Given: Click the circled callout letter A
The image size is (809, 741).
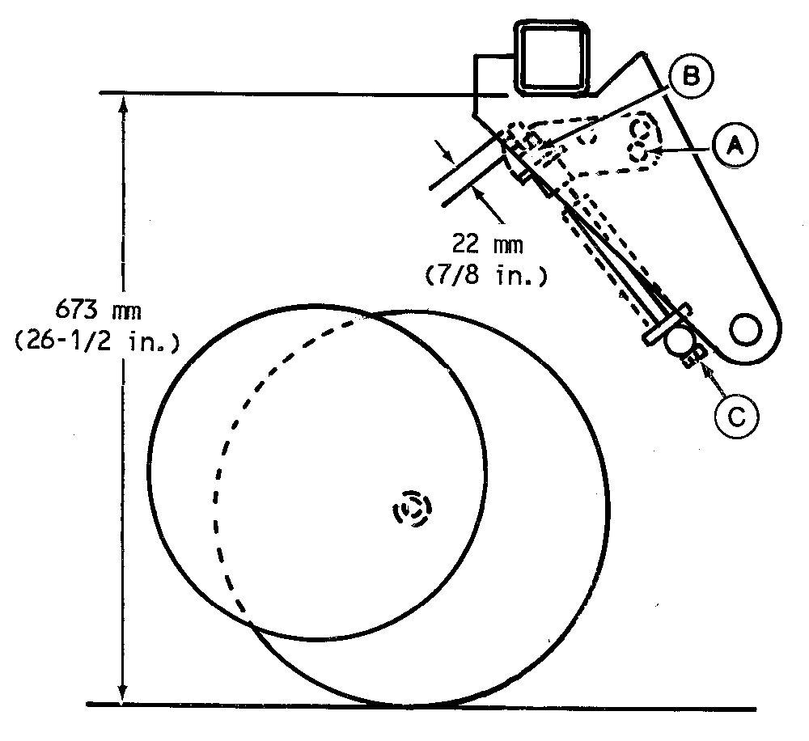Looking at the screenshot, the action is pos(735,146).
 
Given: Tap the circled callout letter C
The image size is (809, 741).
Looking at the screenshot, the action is pos(737,416).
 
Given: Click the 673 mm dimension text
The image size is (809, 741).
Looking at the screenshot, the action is pos(98,311).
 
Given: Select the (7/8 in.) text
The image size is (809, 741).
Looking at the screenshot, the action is pos(486,275).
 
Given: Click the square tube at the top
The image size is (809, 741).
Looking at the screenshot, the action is pos(553,58).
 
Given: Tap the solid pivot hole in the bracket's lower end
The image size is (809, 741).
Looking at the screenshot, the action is pos(745,328).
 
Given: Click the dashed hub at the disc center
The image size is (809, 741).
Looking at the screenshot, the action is pos(413,508).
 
